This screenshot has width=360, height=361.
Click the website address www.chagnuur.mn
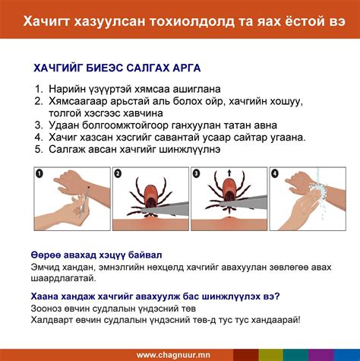[174, 354]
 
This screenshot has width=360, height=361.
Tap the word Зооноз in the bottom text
[49, 307]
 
